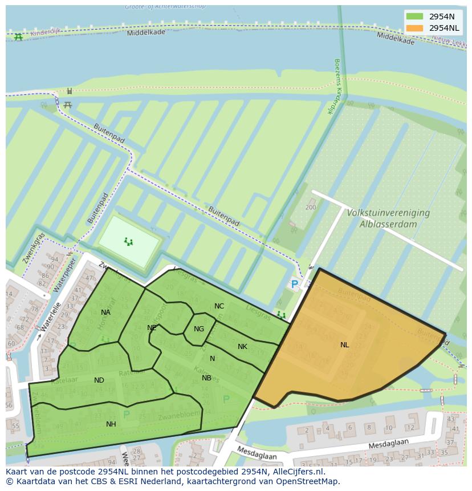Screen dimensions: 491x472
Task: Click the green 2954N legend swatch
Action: [414, 17]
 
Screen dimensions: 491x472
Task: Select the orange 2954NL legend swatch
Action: [414, 28]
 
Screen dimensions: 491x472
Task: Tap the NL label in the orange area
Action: [344, 345]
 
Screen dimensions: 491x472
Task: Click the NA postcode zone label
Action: [105, 313]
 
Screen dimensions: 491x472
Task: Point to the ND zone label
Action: [99, 380]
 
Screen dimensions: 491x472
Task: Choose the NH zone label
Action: [111, 424]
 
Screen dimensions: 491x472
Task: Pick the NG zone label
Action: [198, 329]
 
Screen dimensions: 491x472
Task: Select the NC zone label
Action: [219, 306]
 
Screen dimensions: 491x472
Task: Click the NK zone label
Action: [242, 347]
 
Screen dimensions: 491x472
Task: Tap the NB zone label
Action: [206, 378]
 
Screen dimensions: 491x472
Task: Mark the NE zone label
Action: [152, 328]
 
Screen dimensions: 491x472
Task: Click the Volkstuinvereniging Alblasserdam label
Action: [388, 218]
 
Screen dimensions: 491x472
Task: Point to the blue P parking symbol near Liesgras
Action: [294, 284]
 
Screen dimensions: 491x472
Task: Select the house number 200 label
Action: [311, 207]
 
